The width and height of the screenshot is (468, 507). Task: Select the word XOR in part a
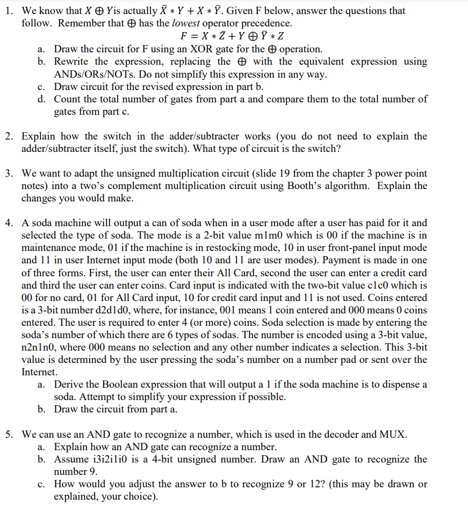(202, 49)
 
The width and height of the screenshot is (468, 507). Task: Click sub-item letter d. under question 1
(42, 99)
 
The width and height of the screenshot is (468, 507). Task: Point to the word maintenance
(49, 248)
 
